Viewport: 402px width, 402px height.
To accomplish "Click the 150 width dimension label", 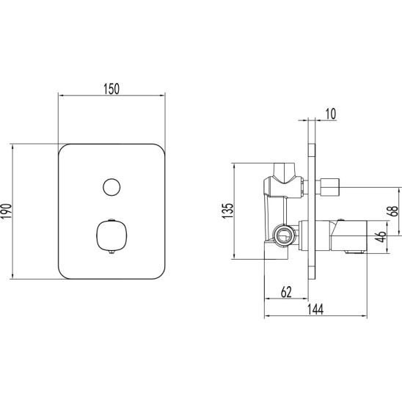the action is (112, 89).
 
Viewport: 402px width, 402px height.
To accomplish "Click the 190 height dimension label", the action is (7, 211).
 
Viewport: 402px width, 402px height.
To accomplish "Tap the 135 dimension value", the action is (227, 211).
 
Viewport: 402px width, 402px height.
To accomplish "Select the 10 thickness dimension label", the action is (331, 114).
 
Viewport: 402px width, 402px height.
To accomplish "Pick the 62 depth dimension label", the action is (286, 292).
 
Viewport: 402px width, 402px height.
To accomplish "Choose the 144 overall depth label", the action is (315, 309).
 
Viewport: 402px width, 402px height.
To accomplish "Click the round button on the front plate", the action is (112, 187).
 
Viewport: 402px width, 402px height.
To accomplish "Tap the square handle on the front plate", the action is (112, 235).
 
